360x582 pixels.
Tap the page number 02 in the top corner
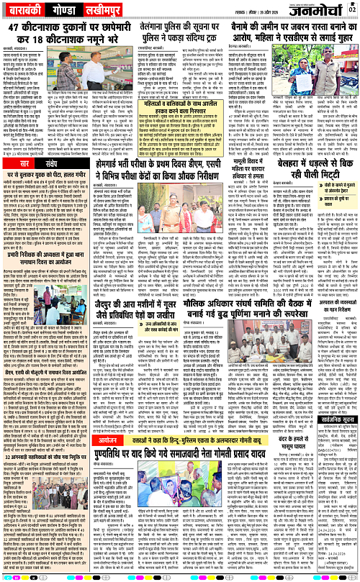pos(352,9)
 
